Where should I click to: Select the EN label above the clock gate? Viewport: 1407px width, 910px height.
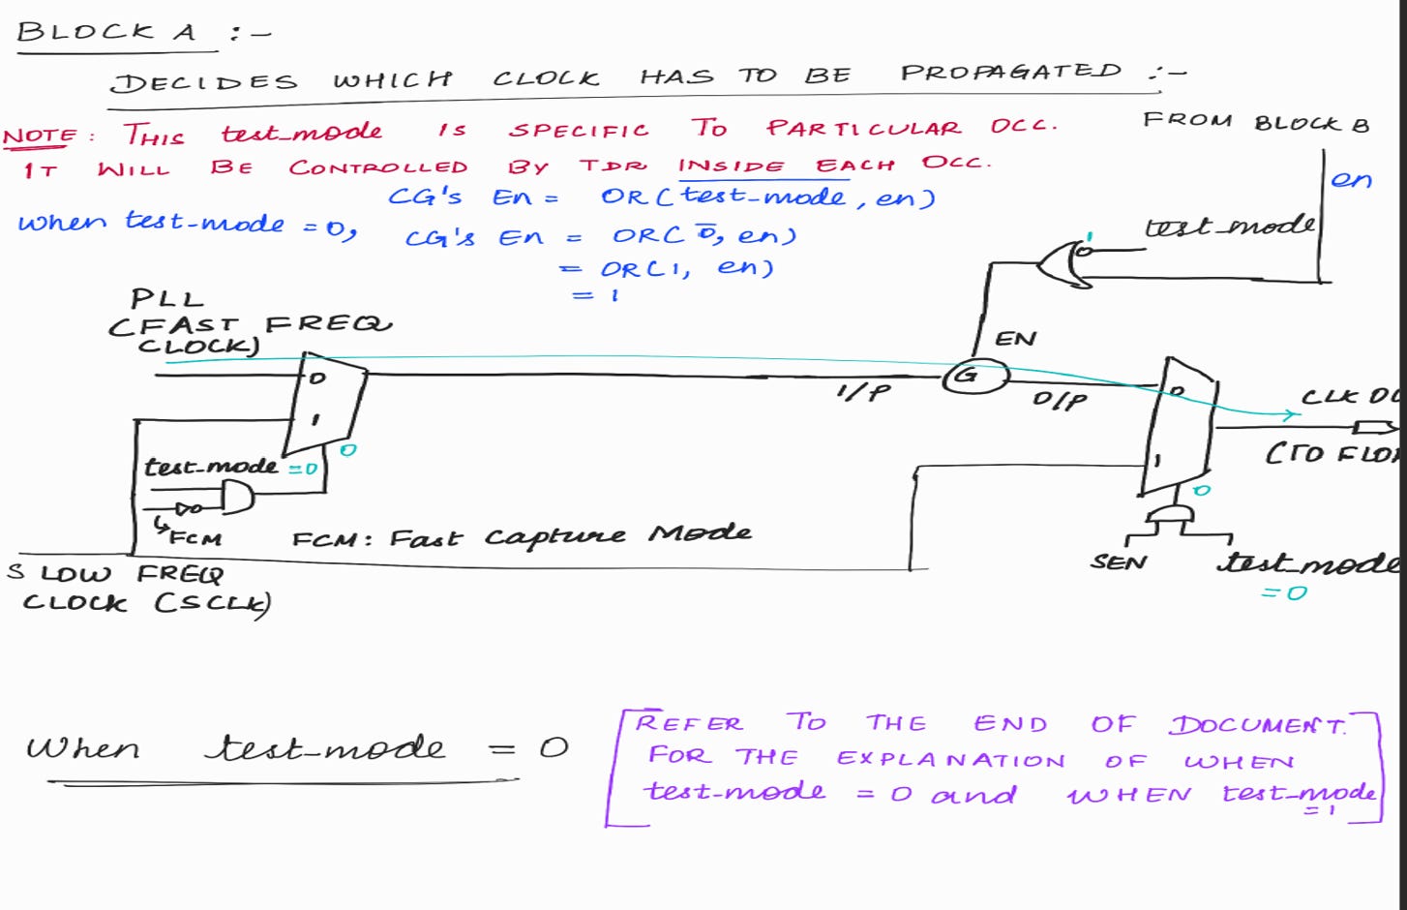click(1015, 339)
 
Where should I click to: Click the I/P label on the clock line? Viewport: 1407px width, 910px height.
click(863, 391)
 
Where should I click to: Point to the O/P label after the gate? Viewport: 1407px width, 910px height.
click(1059, 399)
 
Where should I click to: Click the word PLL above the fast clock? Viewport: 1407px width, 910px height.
click(167, 298)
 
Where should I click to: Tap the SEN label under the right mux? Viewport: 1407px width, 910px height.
click(1119, 562)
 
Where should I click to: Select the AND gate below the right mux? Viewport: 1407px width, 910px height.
click(1170, 514)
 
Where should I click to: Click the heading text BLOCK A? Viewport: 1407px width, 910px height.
click(106, 32)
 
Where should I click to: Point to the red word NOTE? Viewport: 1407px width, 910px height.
click(40, 136)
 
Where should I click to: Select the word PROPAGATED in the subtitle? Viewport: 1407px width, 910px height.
click(1010, 73)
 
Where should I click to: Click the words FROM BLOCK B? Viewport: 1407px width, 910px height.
click(1255, 122)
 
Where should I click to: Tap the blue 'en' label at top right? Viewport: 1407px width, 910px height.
click(1351, 180)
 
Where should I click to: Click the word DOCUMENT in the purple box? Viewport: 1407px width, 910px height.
click(1257, 725)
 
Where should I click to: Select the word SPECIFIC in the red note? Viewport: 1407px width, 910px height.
click(579, 131)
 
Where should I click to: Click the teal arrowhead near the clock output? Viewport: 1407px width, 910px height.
click(1290, 415)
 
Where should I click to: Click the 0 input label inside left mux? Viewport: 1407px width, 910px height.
click(317, 379)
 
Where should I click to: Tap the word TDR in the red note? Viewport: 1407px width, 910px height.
click(613, 166)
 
